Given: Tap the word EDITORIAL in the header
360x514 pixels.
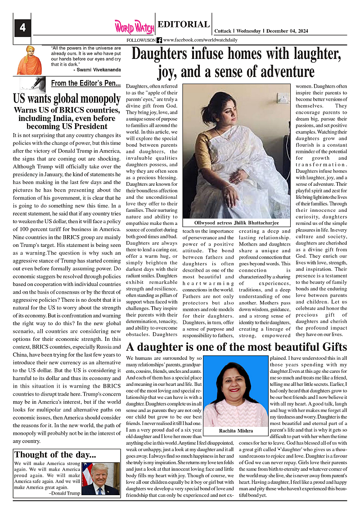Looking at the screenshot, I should [x=184, y=25].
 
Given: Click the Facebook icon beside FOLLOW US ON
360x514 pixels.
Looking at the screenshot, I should [x=159, y=40].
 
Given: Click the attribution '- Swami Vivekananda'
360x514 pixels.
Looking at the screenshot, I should [x=97, y=70].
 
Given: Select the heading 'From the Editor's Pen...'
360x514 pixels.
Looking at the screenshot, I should [x=85, y=83].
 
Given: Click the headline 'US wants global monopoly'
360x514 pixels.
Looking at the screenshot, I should [x=67, y=98].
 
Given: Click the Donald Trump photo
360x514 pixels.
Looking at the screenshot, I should [x=100, y=479].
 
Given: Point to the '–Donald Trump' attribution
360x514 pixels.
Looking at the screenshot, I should [x=64, y=493].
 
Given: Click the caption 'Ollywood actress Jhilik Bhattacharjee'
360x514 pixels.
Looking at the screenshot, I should [x=236, y=223].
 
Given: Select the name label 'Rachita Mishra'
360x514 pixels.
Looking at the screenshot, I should [x=236, y=431].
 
